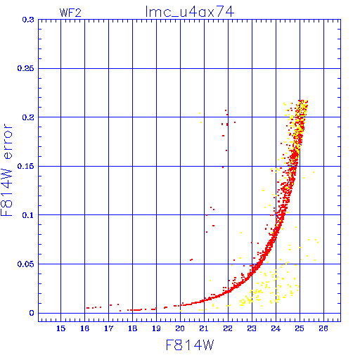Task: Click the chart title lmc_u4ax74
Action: (190, 12)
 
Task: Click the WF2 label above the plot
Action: (70, 13)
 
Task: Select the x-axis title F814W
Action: (190, 345)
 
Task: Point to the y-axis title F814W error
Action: (6, 169)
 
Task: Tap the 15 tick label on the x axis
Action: (61, 328)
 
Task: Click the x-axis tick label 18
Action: (132, 328)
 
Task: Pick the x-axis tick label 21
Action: (204, 328)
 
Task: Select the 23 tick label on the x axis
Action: (252, 328)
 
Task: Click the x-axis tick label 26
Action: (323, 328)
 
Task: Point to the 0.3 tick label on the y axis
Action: (28, 20)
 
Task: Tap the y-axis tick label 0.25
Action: (26, 68)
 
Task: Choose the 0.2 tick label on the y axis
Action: (28, 117)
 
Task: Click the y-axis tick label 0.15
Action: (26, 166)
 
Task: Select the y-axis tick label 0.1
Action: (28, 215)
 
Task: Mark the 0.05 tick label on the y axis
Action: (26, 264)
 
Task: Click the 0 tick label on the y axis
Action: (32, 313)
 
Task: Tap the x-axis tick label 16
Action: (85, 328)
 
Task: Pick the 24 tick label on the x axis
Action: (276, 328)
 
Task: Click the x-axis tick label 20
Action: (180, 328)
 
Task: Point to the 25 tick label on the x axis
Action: (300, 328)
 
